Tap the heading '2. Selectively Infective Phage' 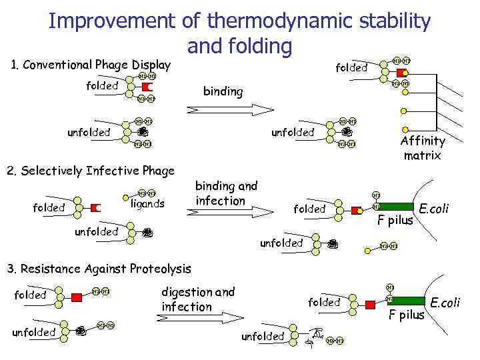pos(90,171)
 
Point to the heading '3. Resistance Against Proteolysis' pos(99,269)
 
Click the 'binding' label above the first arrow pos(223,91)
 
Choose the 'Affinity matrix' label pos(422,148)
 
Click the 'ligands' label pos(147,204)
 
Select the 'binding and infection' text pos(226,193)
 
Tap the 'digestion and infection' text pos(198,299)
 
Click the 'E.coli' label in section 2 pos(433,209)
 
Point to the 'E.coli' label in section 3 pos(445,303)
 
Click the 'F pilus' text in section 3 pos(406,315)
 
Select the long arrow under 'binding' pos(235,109)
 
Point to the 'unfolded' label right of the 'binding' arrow pos(292,132)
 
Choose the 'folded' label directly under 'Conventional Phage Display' pos(102,85)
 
